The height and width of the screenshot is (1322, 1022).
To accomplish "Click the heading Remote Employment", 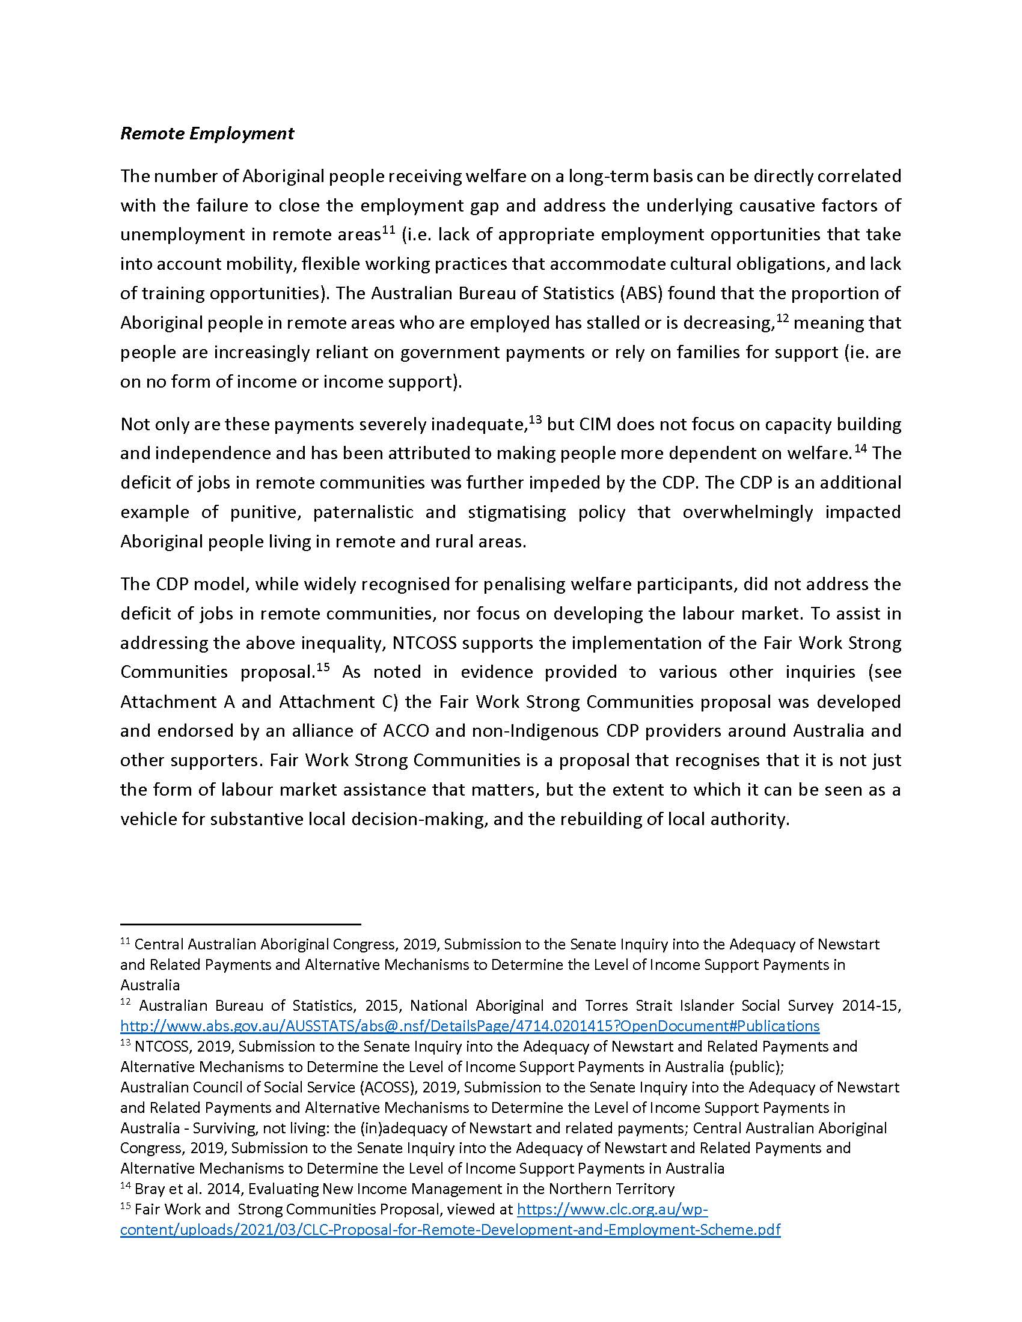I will pyautogui.click(x=207, y=134).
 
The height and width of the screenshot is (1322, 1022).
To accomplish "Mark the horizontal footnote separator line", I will pyautogui.click(x=240, y=924).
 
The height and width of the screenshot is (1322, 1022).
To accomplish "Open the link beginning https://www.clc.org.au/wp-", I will pyautogui.click(x=612, y=1209).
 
